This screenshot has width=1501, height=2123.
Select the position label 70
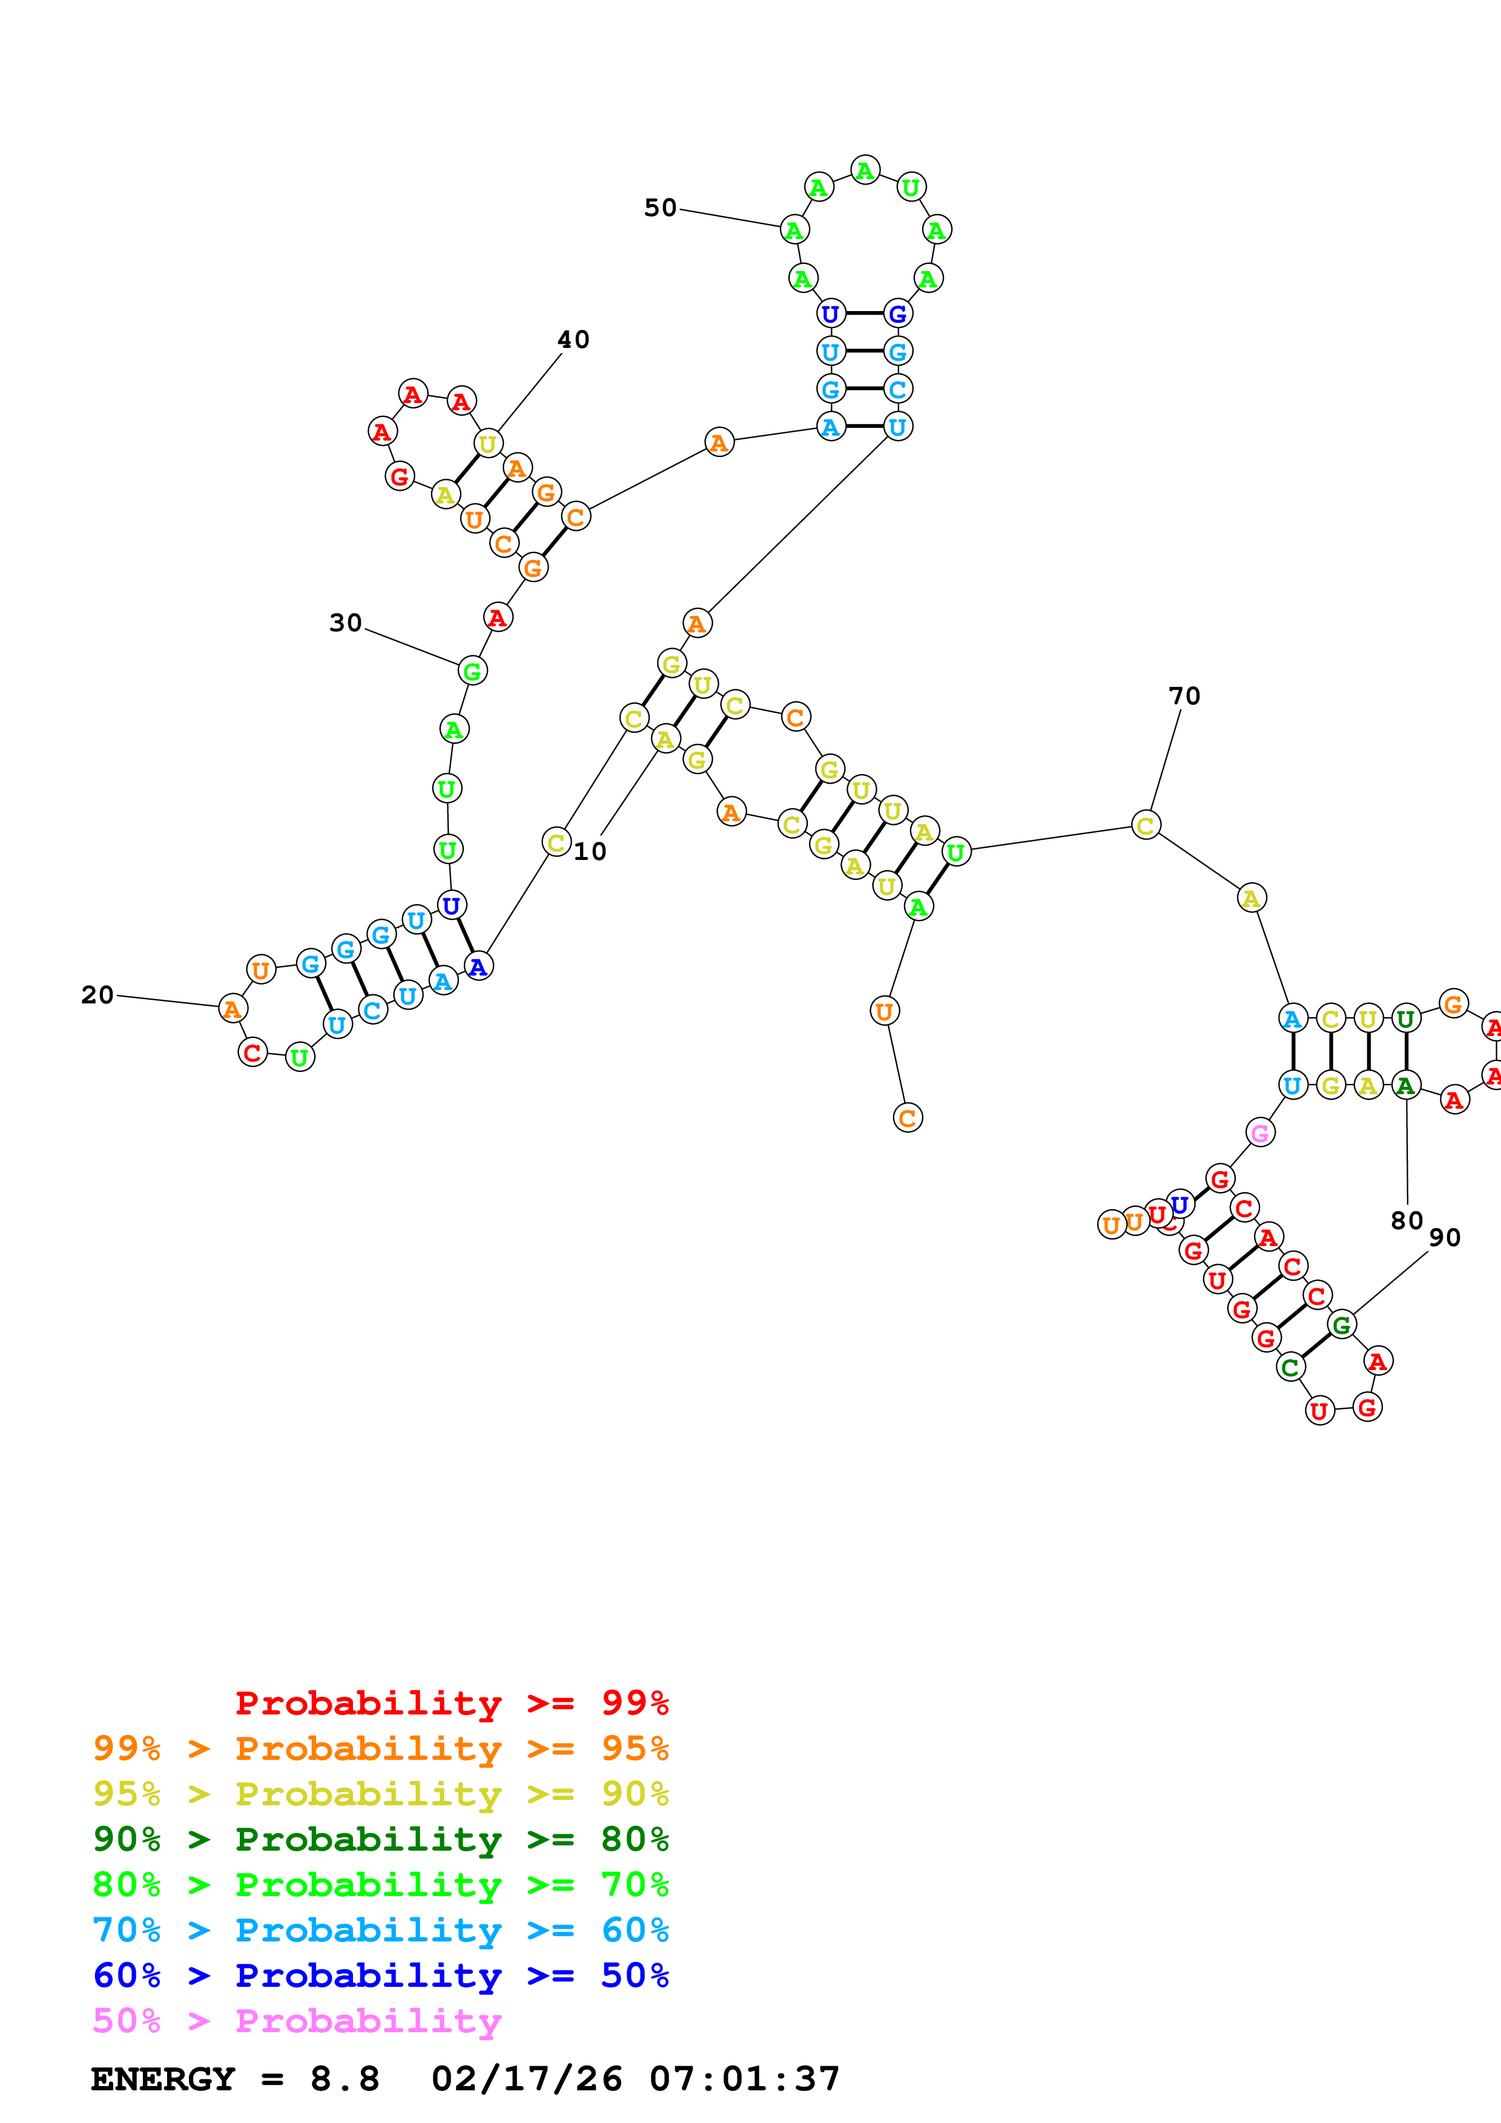(1184, 696)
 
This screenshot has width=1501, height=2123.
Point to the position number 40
(572, 340)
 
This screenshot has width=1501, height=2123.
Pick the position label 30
(345, 623)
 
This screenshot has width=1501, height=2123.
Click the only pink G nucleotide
(1259, 1133)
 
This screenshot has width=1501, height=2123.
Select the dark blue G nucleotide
(897, 314)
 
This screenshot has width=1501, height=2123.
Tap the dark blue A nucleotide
(477, 967)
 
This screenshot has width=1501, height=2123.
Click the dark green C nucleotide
(1290, 1367)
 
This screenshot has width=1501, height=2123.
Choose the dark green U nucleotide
(1406, 1019)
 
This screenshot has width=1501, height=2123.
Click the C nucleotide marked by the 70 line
(1145, 825)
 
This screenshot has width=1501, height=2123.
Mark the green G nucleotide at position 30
(472, 671)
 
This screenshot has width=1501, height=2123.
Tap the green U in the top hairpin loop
(911, 188)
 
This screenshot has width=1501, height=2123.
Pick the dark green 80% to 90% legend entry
(380, 1839)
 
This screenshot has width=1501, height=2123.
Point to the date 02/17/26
(526, 2079)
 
